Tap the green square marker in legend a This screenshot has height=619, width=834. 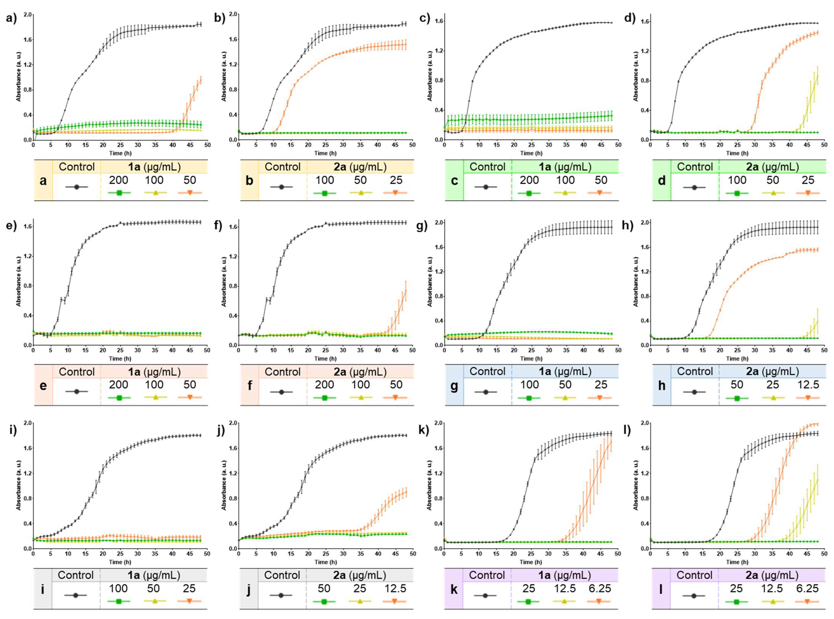[119, 193]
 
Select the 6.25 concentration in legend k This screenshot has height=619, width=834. [600, 589]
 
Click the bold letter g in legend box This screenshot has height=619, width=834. [454, 385]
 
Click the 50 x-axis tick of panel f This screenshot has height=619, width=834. [412, 350]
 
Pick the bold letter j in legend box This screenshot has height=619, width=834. [249, 590]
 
